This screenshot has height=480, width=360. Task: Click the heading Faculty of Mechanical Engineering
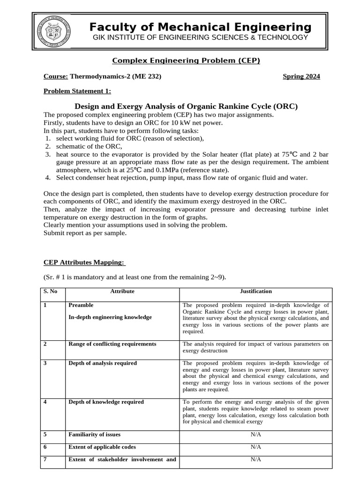click(200, 27)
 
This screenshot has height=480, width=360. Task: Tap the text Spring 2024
click(301, 76)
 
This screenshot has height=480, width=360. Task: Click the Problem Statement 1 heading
click(77, 91)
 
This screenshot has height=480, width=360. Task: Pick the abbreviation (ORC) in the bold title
click(283, 106)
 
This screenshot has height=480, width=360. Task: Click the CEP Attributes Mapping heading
click(84, 262)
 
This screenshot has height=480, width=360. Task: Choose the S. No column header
click(50, 291)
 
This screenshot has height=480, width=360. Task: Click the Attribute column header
click(122, 291)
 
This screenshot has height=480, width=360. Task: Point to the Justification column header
click(255, 291)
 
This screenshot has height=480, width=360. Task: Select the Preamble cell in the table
click(81, 305)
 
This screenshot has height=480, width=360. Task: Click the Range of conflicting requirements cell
click(112, 344)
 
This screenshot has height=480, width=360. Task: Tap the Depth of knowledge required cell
click(106, 402)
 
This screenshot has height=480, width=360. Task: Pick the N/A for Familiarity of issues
click(255, 434)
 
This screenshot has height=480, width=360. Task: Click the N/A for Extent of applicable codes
click(255, 447)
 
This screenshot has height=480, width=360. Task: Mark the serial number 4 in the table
click(45, 402)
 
